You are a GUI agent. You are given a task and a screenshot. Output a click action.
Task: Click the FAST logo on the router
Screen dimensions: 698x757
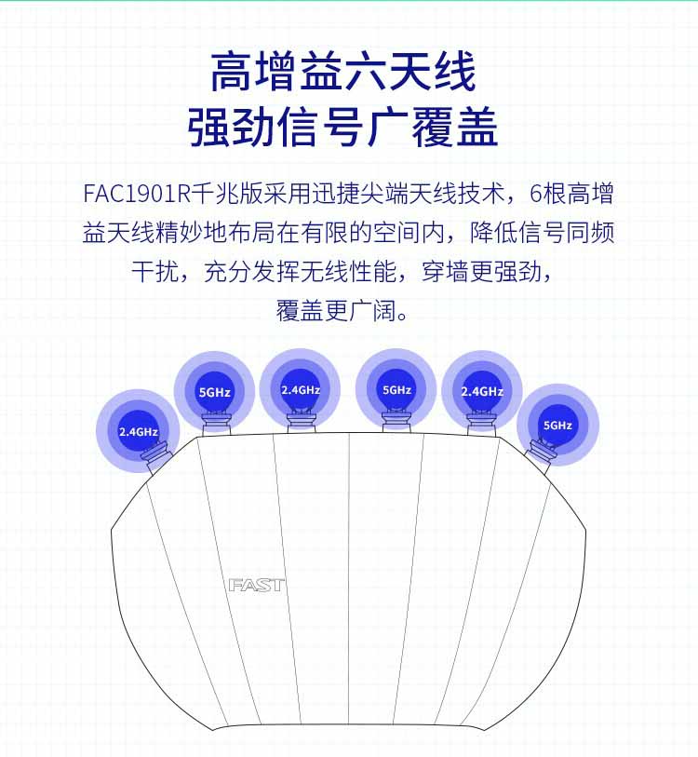(x=257, y=585)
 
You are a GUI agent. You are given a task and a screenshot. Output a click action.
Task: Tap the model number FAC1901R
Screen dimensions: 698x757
(x=138, y=194)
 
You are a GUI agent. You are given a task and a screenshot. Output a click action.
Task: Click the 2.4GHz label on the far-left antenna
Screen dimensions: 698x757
(x=139, y=432)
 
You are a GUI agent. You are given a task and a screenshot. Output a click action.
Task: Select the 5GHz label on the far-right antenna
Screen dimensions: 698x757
(x=557, y=426)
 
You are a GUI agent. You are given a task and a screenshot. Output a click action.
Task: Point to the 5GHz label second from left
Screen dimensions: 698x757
(x=215, y=392)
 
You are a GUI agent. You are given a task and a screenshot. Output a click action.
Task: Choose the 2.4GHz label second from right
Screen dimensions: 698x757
(x=482, y=391)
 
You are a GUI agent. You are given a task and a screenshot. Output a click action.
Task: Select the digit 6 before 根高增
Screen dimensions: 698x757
(x=536, y=194)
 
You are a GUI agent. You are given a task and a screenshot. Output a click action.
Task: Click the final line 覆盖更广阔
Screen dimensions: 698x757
(x=342, y=310)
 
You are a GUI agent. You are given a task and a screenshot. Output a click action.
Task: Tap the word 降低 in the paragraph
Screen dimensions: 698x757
(x=494, y=232)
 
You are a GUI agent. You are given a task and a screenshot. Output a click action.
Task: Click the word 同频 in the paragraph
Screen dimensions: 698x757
(x=591, y=232)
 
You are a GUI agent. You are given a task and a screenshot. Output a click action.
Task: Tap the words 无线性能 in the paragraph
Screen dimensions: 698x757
(x=348, y=271)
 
